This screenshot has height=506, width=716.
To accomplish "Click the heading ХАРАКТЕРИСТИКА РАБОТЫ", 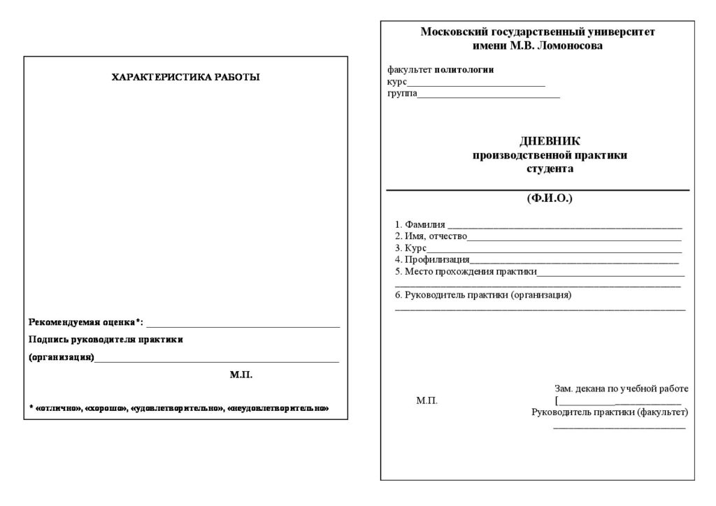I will pos(185,78).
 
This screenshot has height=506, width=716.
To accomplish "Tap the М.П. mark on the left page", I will pos(241,375).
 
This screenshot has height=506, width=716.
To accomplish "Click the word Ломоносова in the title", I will pos(568,46).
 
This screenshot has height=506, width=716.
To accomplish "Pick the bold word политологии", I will pos(464,70).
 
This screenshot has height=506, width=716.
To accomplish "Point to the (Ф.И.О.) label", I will pos(549,199).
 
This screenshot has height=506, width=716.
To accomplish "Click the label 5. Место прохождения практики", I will pos(466,272).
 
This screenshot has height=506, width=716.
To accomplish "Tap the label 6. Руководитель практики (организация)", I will pos(483,295).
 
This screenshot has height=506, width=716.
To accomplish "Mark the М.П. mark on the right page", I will pos(427,401).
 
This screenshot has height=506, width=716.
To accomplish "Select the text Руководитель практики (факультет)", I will pos(610,412).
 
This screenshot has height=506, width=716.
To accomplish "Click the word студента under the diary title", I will pos(549,169).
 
